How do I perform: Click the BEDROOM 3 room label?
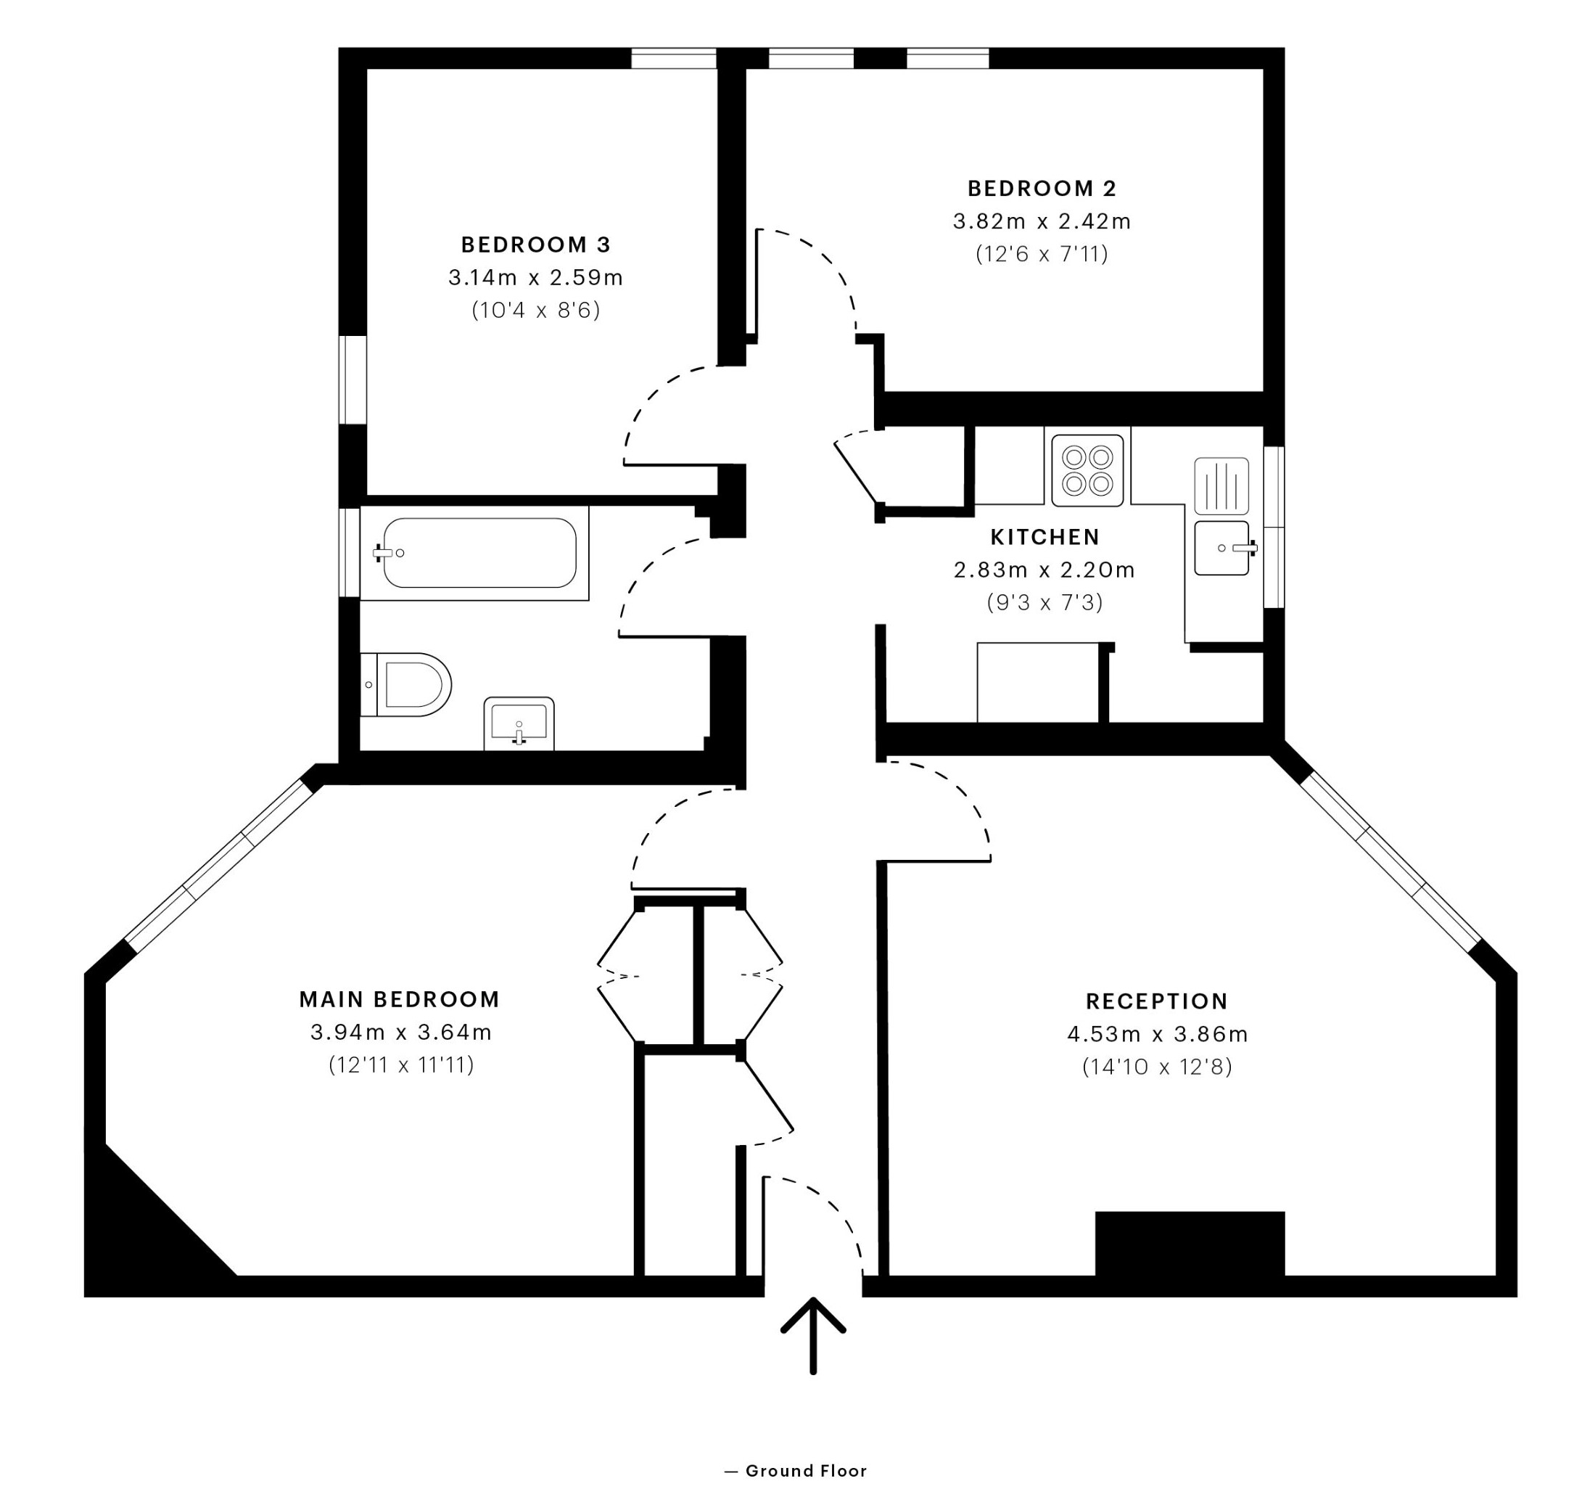[x=535, y=245]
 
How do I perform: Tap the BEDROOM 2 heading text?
[x=1042, y=189]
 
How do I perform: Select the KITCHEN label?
[x=1044, y=538]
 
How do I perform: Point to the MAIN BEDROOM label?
[x=399, y=999]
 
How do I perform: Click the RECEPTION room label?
[x=1157, y=1001]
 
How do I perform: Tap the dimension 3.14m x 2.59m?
[x=535, y=278]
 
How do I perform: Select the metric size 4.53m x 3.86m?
[x=1158, y=1034]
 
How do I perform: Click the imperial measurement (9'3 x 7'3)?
[x=1044, y=603]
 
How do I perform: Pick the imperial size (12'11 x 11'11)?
[x=400, y=1065]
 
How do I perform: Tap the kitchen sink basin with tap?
[x=1221, y=548]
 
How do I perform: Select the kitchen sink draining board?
[x=1221, y=485]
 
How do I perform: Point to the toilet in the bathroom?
[x=405, y=684]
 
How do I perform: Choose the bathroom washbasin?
[x=519, y=723]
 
